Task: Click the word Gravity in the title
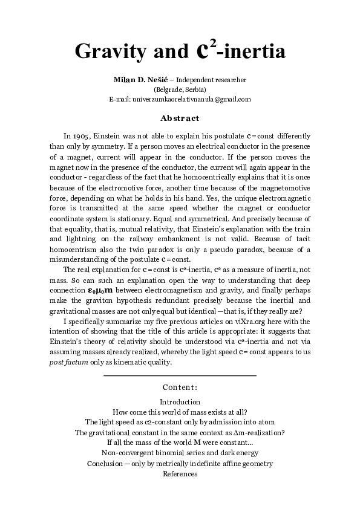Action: [x=109, y=52]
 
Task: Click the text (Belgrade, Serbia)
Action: [x=180, y=89]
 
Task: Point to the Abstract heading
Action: [x=180, y=118]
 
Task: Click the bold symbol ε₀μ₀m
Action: [x=102, y=291]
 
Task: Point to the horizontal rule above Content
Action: [x=180, y=376]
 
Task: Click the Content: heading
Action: [x=180, y=387]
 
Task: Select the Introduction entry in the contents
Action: [x=180, y=402]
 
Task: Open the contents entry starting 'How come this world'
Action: [x=180, y=412]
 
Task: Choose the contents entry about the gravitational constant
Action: [x=180, y=433]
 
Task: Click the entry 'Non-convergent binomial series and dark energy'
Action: [x=180, y=453]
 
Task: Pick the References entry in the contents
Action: [x=180, y=474]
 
